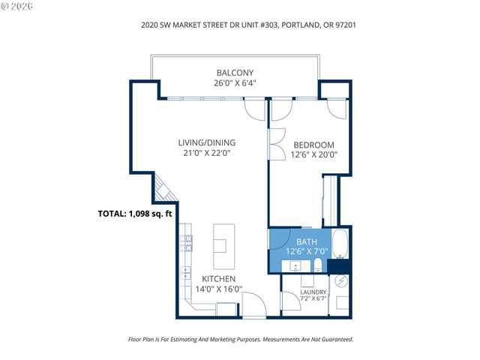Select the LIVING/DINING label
tap(206, 142)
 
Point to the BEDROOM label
tap(313, 145)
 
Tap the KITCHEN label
tap(218, 278)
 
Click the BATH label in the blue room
tap(307, 241)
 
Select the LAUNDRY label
tap(313, 292)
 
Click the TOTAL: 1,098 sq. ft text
tap(135, 213)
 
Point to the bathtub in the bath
tap(339, 245)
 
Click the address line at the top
tap(240, 24)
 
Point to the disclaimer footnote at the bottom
tap(240, 339)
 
